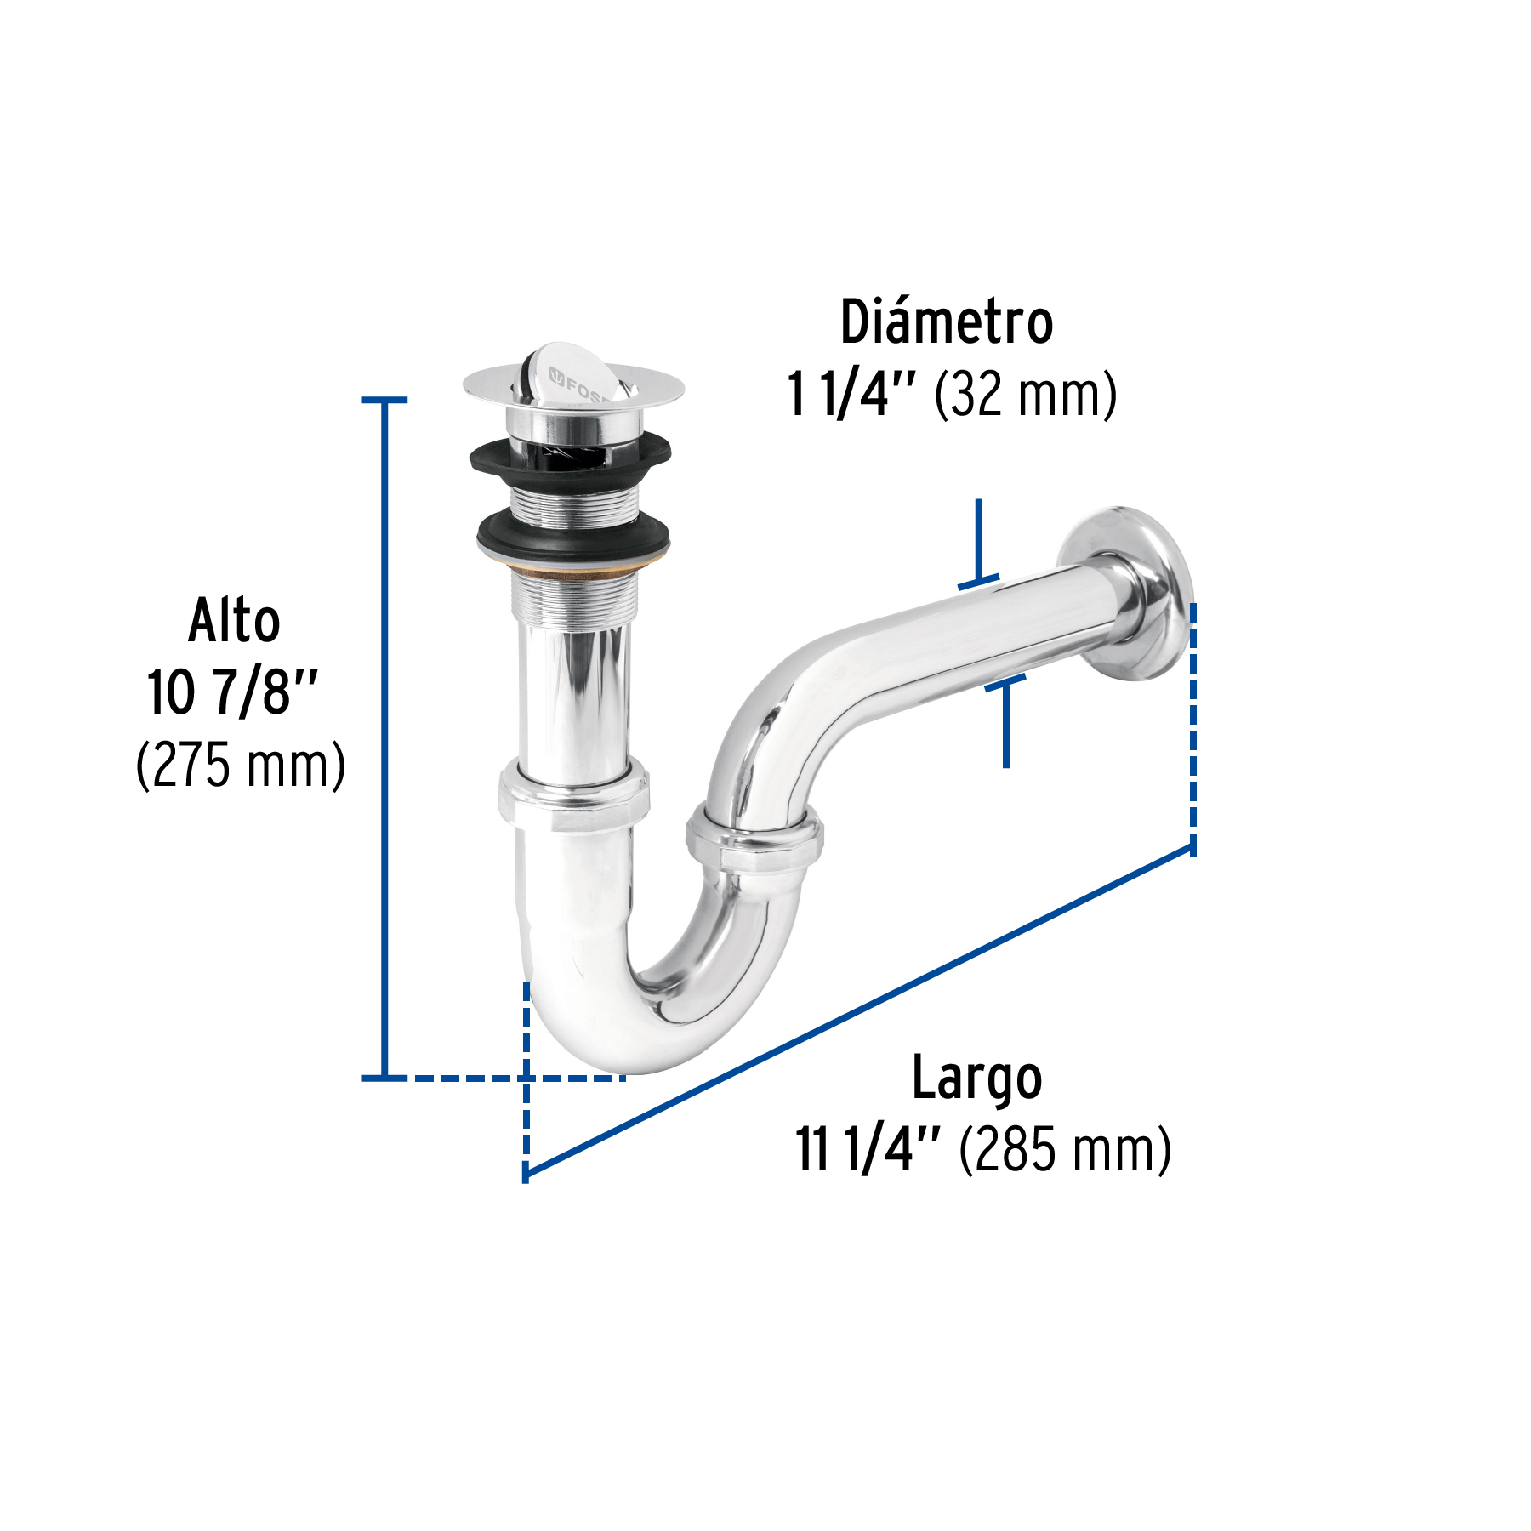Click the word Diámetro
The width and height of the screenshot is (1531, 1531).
pos(946,322)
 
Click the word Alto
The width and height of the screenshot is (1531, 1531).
pos(234,621)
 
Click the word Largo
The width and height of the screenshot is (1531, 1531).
pos(976,1079)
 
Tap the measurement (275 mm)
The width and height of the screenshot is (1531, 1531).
pos(241,765)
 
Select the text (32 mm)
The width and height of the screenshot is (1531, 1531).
pos(1025,395)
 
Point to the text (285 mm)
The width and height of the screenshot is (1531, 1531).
pos(1065,1150)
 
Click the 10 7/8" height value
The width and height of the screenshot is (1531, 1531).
pos(231,692)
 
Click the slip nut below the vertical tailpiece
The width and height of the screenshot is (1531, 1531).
pos(573,796)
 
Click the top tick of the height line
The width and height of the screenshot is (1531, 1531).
pos(384,400)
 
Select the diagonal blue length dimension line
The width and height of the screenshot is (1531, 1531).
pos(859,1012)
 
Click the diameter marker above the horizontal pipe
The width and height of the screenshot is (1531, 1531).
pos(979,544)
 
